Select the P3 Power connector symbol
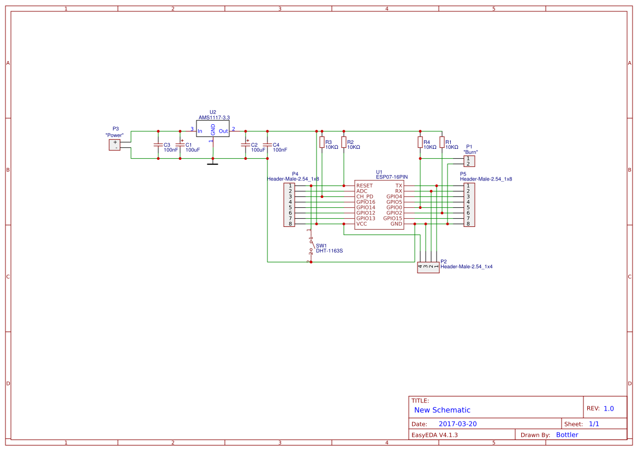(x=115, y=145)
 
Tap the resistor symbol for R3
(x=321, y=142)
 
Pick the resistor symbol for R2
(x=343, y=142)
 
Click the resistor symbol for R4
(x=420, y=142)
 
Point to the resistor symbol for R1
(x=442, y=142)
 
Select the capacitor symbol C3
(x=158, y=145)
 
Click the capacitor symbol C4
(x=267, y=145)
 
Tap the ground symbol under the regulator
(x=213, y=163)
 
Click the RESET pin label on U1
(x=365, y=186)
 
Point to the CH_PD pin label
(x=365, y=197)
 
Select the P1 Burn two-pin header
(x=468, y=161)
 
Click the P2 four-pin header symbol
(x=428, y=267)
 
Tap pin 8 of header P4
(x=290, y=224)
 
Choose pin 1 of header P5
(x=468, y=186)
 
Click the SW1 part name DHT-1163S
(x=329, y=251)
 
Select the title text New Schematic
(x=442, y=410)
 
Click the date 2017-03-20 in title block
(x=457, y=424)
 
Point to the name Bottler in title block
(x=567, y=435)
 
